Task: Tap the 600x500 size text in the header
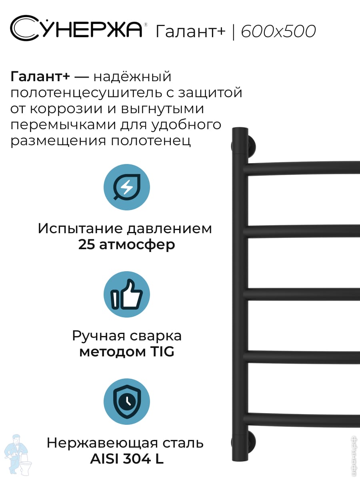pos(278,31)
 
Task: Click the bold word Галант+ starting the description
pos(40,77)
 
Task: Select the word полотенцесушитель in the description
pos(86,93)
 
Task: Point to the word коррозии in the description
pos(66,109)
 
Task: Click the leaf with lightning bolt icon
pos(127,187)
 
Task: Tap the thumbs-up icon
pos(127,294)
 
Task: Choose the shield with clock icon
pos(127,402)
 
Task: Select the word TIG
pos(162,352)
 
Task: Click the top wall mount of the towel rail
pos(249,146)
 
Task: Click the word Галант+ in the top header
pos(190,32)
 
